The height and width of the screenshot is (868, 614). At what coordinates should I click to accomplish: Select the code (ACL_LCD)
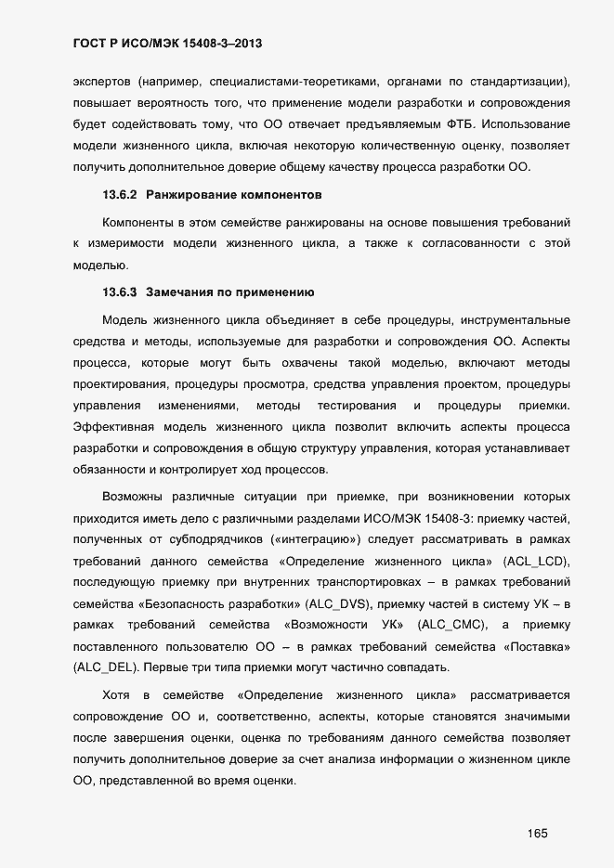(534, 562)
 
